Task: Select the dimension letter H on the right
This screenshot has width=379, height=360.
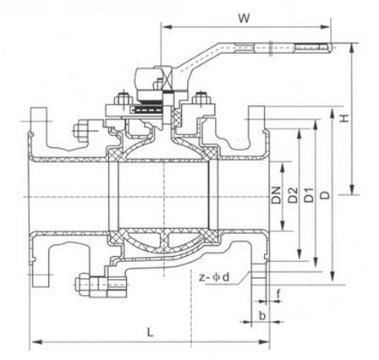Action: [x=344, y=121]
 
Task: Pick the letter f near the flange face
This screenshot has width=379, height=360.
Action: [x=278, y=293]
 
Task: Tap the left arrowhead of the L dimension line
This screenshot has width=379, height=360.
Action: [x=34, y=341]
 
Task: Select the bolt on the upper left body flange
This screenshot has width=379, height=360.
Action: [x=83, y=132]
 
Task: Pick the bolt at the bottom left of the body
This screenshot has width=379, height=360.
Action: [x=87, y=285]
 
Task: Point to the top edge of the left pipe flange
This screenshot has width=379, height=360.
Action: [x=37, y=108]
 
